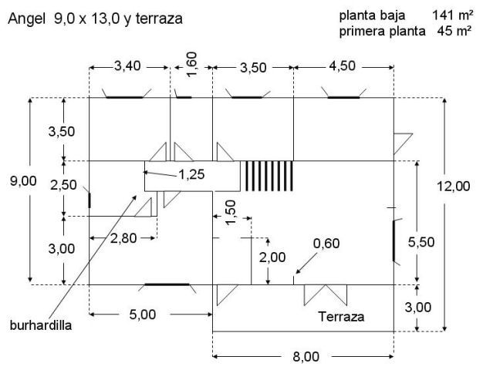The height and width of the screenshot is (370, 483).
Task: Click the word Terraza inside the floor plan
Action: point(341,317)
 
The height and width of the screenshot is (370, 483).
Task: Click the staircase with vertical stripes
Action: point(269,176)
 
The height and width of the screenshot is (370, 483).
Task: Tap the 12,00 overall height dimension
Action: point(454,187)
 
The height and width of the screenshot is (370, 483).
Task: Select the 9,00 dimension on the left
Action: point(23,180)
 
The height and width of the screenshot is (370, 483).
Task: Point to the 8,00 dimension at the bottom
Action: point(306,357)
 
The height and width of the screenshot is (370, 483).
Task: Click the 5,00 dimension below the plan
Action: point(143,314)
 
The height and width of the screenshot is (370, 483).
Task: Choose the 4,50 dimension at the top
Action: point(342,66)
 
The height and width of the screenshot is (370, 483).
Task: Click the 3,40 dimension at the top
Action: point(127,66)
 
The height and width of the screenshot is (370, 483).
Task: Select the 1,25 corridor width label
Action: point(191,174)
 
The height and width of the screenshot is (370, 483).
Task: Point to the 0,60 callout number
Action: point(326,244)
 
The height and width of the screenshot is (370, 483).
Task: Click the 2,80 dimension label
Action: point(123,238)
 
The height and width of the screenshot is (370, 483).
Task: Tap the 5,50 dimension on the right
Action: point(421,242)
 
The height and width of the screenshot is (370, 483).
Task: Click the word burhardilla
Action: point(41,325)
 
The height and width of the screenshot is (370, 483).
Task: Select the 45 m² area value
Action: point(454,31)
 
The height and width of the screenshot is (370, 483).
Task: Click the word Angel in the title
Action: point(26,19)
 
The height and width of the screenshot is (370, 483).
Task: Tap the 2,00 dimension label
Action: point(272,257)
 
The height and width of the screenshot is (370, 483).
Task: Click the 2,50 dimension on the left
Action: point(63,185)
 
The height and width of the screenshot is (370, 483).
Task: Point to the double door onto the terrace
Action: point(326,294)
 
